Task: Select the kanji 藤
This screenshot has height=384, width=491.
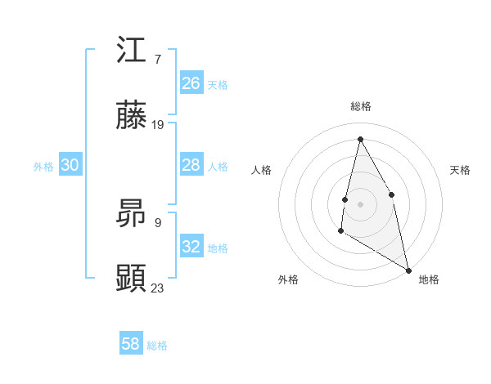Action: tap(132, 117)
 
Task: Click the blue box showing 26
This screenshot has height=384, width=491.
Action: tap(191, 83)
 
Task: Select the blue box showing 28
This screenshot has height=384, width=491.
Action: tap(191, 165)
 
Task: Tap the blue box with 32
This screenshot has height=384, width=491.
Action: tap(191, 247)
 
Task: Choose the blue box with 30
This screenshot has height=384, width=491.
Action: tap(70, 165)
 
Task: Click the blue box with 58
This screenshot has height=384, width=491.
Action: tap(131, 344)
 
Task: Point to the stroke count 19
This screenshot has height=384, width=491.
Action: tap(158, 125)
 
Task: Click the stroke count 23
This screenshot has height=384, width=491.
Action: tap(158, 288)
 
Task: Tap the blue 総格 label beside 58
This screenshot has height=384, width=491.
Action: tap(157, 346)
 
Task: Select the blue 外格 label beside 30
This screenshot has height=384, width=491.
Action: tap(43, 167)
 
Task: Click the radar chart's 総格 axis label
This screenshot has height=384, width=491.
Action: tap(360, 106)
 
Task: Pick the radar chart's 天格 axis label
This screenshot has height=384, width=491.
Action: tap(460, 170)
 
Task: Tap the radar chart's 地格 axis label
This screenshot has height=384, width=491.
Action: tap(429, 279)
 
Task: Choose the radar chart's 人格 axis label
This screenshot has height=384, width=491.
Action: tap(261, 170)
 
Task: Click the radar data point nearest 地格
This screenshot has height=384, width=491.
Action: tap(408, 270)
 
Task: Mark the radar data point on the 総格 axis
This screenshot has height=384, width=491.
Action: tap(360, 139)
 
